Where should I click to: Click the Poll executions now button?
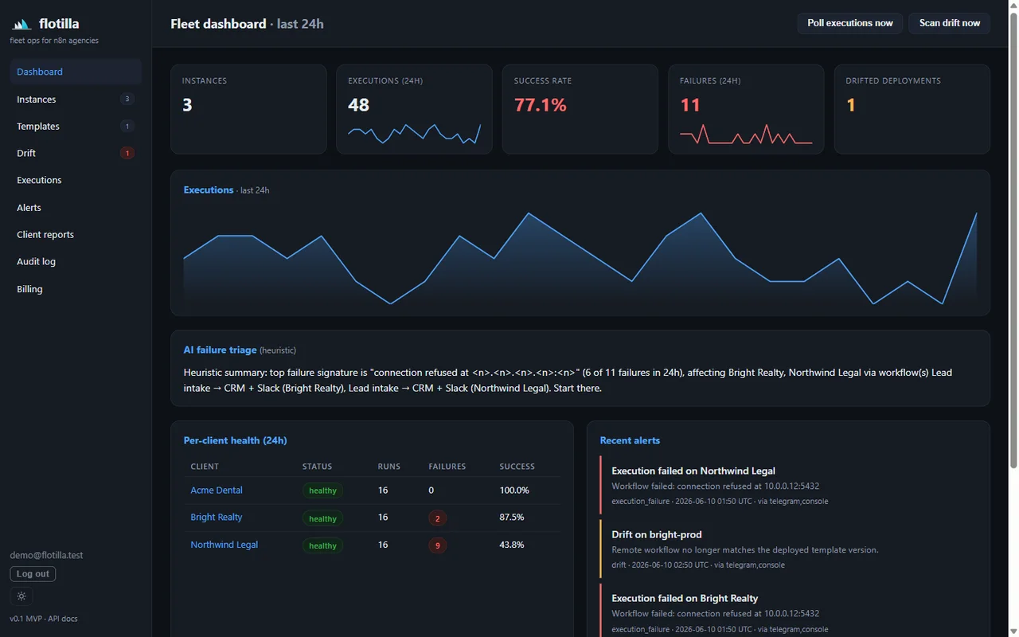[849, 23]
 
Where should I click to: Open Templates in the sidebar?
[37, 126]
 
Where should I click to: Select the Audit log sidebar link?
[36, 262]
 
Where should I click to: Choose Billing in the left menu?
[29, 289]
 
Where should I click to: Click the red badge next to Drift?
[127, 153]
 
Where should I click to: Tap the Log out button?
[33, 574]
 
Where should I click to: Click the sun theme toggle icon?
[21, 596]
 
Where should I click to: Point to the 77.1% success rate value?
[540, 105]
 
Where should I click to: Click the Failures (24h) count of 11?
[689, 105]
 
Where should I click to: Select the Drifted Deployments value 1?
[851, 105]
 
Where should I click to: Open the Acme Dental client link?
[216, 490]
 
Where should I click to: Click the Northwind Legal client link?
[224, 545]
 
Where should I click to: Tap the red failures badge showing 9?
[437, 545]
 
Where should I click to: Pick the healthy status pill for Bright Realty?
[322, 518]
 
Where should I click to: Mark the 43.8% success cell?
[511, 545]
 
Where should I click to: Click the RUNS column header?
[389, 467]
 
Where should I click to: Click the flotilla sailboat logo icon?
[21, 24]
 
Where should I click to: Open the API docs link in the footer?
[63, 619]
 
